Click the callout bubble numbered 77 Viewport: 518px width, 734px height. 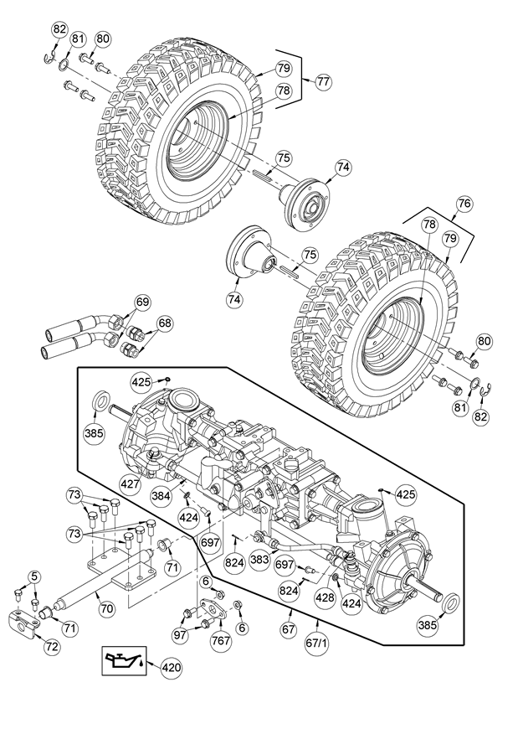pos(321,81)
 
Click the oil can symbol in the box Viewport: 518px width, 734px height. pos(124,660)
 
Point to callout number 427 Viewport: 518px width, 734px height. pos(130,483)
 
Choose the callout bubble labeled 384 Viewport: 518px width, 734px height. pos(162,496)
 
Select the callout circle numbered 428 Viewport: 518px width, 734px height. pos(326,597)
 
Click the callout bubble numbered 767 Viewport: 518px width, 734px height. pos(220,640)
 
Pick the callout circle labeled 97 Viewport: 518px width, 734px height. pos(181,635)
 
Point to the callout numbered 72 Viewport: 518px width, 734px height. pos(52,647)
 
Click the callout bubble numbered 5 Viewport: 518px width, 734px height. pos(33,576)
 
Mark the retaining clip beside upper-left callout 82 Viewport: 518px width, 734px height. pos(50,59)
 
